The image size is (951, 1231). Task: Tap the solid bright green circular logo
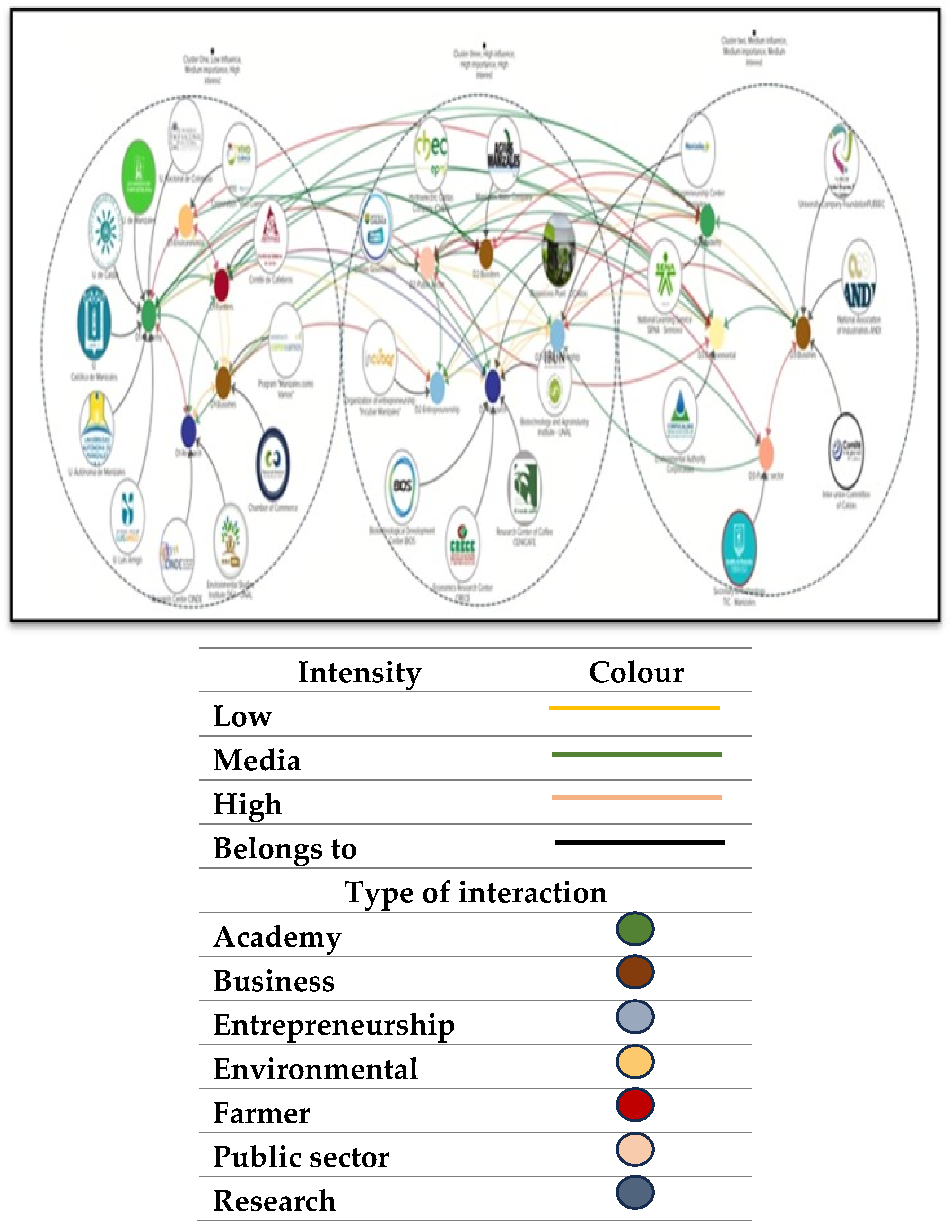[x=139, y=177]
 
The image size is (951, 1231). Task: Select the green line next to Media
[x=636, y=754]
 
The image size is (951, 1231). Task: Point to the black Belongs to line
[x=639, y=842]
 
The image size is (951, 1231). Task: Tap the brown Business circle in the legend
[x=635, y=972]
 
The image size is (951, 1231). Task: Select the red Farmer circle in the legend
[x=635, y=1105]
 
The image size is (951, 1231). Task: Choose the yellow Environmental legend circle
[x=635, y=1061]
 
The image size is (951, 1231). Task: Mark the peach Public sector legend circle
[x=635, y=1149]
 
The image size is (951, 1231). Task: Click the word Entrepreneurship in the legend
[x=334, y=1025]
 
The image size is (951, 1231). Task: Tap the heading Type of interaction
[x=475, y=892]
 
